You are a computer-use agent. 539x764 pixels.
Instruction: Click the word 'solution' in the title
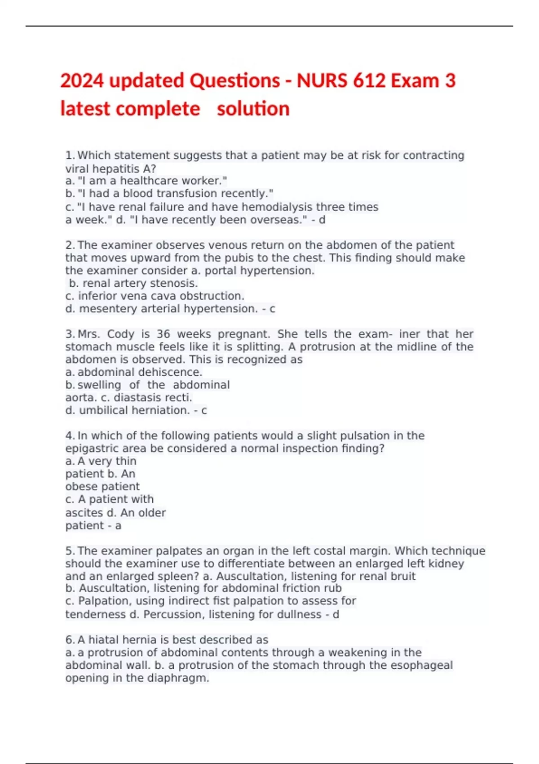tap(253, 109)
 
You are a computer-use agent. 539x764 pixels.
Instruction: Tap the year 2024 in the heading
tap(82, 81)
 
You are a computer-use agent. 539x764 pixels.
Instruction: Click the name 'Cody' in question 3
tap(120, 334)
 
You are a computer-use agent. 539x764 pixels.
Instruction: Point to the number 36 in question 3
tap(163, 334)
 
